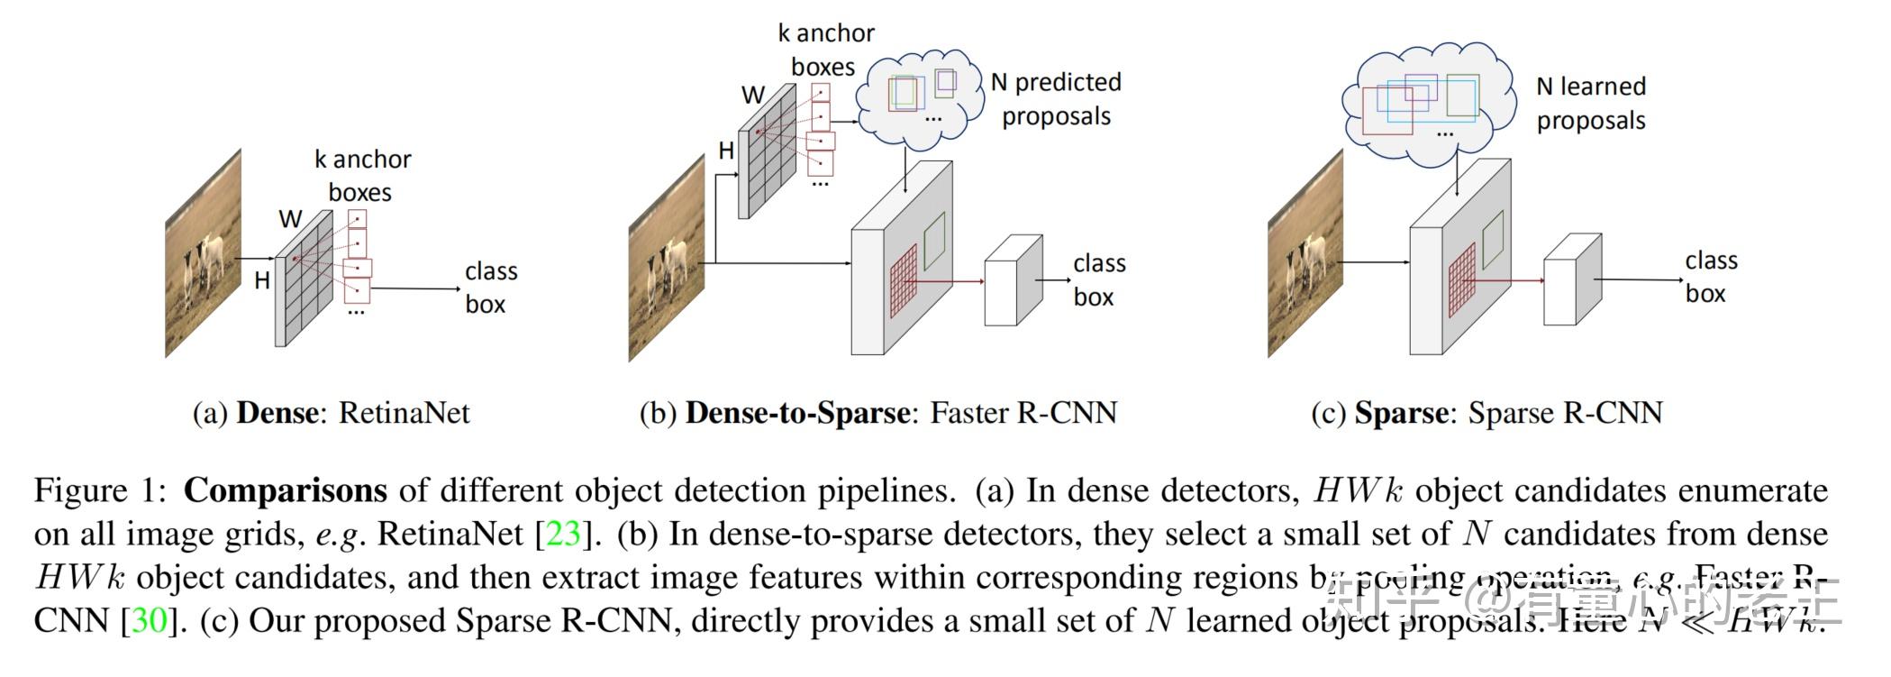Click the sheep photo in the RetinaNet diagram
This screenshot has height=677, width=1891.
tap(204, 254)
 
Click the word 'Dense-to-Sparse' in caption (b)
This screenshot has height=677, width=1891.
tap(797, 413)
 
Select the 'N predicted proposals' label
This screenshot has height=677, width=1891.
tap(1056, 99)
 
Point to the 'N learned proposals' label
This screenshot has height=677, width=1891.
tap(1591, 104)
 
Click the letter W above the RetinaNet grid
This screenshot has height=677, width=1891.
tap(290, 219)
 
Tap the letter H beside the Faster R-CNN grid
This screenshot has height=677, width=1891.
tap(726, 151)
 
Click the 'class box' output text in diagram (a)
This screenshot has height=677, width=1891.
tap(490, 288)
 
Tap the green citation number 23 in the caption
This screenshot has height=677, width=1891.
tap(563, 534)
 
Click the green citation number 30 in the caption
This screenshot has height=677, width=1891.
tap(150, 620)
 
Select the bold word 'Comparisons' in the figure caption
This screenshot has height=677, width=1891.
tap(285, 490)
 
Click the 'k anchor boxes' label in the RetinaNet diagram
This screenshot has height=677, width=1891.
tap(362, 176)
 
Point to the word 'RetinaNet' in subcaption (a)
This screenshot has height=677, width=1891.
tap(404, 413)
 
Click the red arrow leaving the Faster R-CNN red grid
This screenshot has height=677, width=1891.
tap(950, 281)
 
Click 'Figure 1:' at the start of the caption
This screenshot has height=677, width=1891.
tap(100, 490)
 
